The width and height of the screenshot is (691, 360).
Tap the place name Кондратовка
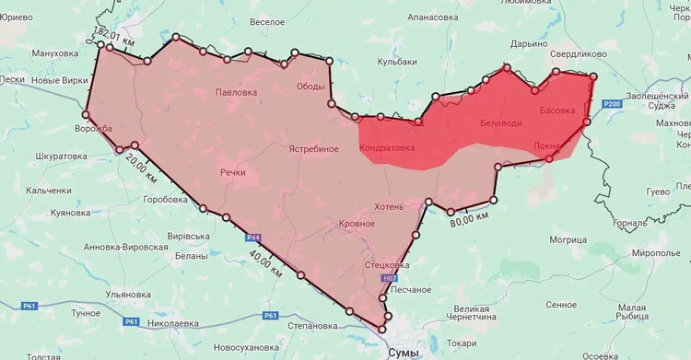pos(386,147)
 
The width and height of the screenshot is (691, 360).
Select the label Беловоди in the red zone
pos(500,123)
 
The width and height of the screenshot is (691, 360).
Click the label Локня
pos(546,146)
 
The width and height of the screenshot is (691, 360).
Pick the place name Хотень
pos(389,206)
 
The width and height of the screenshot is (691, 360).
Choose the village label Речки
pos(232,172)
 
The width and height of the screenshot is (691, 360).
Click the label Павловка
pos(237,93)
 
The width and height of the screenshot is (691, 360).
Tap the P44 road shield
pos(253,238)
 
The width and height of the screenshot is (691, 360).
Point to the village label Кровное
pos(357,224)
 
